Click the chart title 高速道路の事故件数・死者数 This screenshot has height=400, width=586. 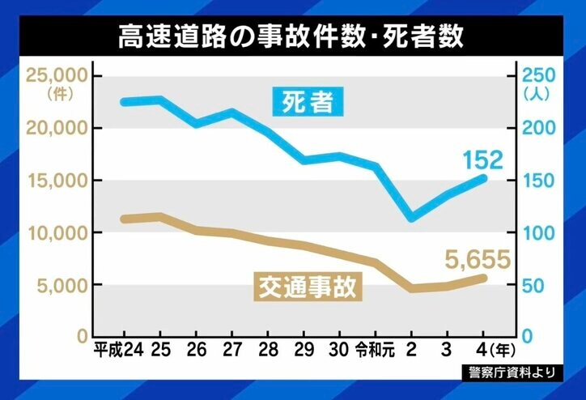(x=292, y=36)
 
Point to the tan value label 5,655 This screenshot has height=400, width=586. (x=478, y=259)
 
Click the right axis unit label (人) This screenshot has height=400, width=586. (x=537, y=93)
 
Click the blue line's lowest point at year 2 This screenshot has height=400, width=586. (x=413, y=218)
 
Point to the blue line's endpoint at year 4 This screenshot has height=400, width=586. (x=484, y=177)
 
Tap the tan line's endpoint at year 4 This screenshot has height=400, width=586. (x=484, y=278)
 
